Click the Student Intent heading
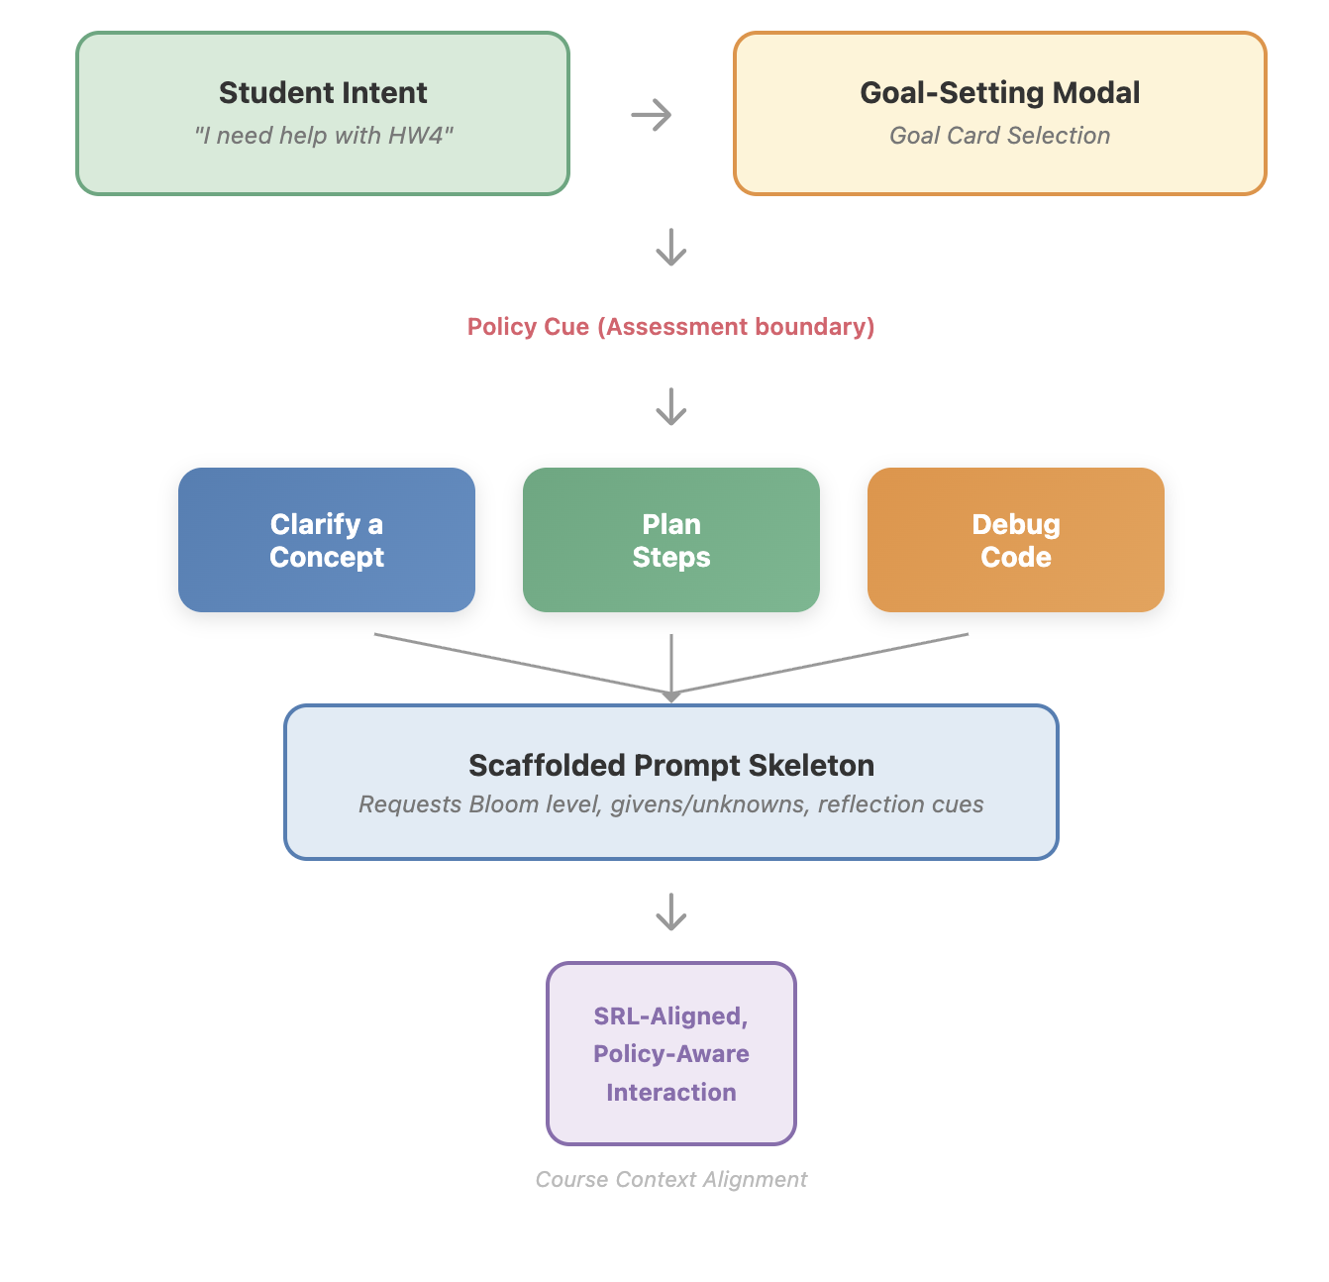(323, 93)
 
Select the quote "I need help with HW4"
(323, 136)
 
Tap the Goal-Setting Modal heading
(999, 93)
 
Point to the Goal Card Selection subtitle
(999, 136)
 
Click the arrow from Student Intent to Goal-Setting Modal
(652, 115)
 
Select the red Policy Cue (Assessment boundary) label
(670, 327)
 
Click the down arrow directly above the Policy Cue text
(671, 248)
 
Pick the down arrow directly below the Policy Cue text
(671, 406)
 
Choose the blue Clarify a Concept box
(327, 540)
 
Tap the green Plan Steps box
(671, 540)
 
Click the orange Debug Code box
(1016, 540)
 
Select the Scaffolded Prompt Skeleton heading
(671, 766)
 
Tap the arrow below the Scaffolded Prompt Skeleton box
(671, 911)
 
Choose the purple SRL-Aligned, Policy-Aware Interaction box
(671, 1053)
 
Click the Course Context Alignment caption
(671, 1180)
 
